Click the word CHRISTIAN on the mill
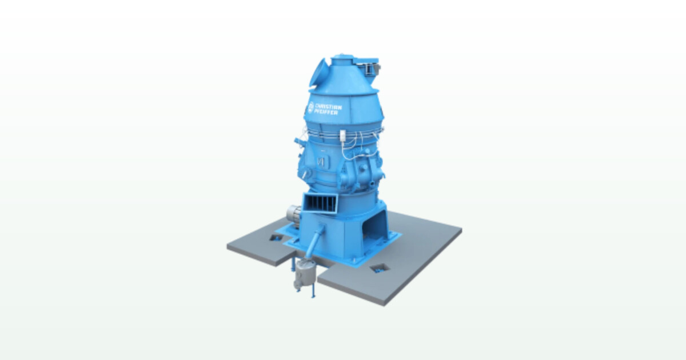click(x=328, y=107)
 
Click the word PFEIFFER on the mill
click(x=326, y=113)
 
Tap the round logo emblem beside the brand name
click(x=311, y=108)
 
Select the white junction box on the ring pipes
click(x=342, y=135)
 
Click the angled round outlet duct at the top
click(x=318, y=72)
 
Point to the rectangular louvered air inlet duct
click(x=320, y=203)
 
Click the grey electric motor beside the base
click(x=293, y=215)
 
